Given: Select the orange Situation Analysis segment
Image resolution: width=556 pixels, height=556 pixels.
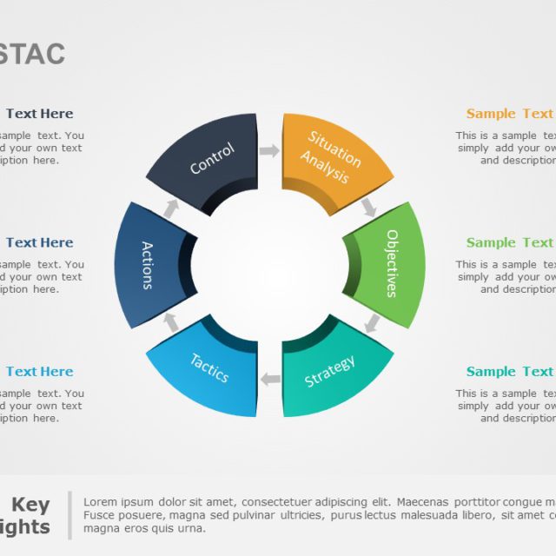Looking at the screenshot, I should pos(332,156).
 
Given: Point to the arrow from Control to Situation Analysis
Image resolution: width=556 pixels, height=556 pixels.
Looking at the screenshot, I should pos(269,151).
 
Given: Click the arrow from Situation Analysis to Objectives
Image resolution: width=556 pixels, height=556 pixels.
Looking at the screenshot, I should pos(369,207).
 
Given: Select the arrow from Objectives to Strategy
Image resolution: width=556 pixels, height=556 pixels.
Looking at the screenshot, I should pos(372,323).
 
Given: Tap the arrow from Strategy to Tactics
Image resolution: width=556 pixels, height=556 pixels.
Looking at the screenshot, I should pos(270,379).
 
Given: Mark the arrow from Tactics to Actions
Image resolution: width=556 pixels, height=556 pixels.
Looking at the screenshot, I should pos(171,322).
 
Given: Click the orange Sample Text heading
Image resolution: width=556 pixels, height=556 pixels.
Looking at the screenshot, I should pos(509,114).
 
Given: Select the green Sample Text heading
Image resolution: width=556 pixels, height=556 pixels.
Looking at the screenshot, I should pos(509,242).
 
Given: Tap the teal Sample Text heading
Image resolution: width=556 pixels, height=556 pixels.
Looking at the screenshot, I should pos(509,372).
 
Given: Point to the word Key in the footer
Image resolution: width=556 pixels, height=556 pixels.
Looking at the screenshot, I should pos(30,505).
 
